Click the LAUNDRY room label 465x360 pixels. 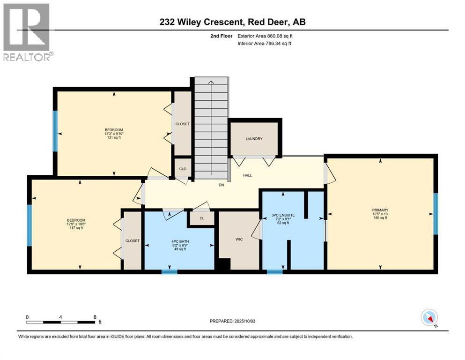point(254,139)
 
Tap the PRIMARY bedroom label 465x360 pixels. point(380,210)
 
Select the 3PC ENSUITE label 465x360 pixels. point(283,215)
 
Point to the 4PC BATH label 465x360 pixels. point(180,241)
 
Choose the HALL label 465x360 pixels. point(247,175)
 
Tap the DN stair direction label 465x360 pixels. point(221,185)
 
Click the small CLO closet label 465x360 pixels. point(183,169)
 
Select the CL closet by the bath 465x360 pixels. point(202,218)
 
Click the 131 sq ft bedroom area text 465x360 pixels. point(114,137)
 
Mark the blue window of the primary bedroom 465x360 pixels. point(435,213)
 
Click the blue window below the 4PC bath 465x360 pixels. point(169,271)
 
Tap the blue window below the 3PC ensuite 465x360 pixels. point(274,271)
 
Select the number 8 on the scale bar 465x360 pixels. point(95,317)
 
